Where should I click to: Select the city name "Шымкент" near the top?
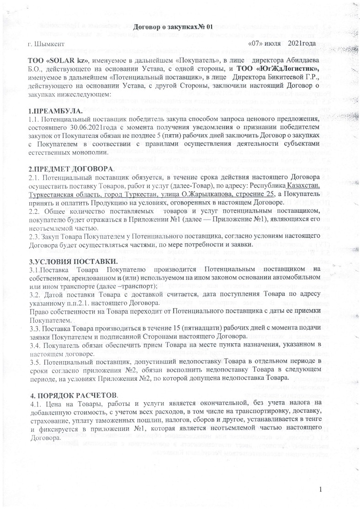[49, 44]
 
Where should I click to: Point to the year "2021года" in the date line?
[302, 44]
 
